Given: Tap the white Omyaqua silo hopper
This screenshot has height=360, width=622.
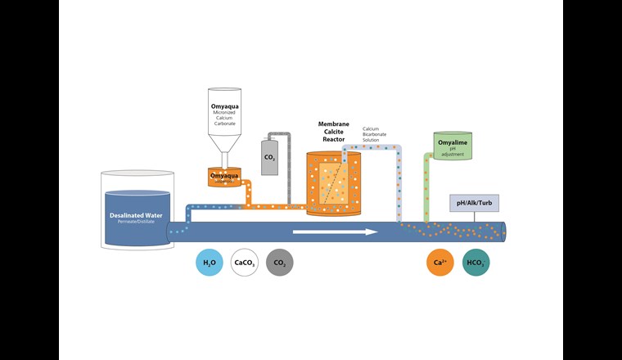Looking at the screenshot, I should pos(224,123).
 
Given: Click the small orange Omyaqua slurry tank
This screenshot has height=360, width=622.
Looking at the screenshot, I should pos(224,177).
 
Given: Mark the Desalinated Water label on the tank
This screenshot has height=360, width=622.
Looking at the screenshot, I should pos(137,215).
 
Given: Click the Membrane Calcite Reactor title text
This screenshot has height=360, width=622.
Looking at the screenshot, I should pos(333,132).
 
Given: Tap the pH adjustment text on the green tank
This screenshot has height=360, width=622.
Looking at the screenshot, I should pos(453,150).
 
